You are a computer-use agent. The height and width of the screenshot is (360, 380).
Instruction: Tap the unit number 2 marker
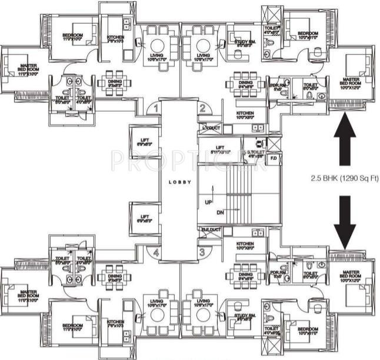pos(202,108)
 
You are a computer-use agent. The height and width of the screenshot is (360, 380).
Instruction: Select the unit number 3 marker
pos(202,252)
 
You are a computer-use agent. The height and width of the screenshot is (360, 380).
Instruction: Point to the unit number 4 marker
pos(156,254)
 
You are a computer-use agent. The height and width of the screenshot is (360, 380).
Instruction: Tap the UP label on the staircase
pos(208,201)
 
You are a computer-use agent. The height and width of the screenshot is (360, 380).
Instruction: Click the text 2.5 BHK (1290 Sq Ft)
pos(345,176)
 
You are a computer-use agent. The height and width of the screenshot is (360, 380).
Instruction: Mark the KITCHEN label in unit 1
pos(115,39)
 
